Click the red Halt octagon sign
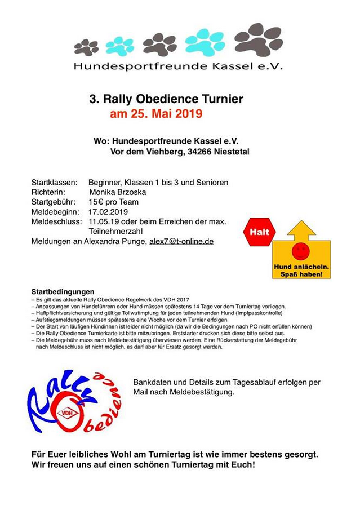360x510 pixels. point(259,232)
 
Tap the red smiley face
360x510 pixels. point(300,250)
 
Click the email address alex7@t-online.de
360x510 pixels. point(181,241)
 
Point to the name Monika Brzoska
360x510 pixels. point(117,192)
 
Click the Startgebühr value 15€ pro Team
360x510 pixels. point(113,202)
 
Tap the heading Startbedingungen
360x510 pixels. point(63,291)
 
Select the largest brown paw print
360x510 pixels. point(258,39)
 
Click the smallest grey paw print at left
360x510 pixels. point(86,47)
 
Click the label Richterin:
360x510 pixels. point(50,192)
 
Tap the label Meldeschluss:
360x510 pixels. point(56,221)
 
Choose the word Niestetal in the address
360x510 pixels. point(232,152)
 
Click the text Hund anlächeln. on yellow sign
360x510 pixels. point(301,267)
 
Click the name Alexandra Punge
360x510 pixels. point(117,241)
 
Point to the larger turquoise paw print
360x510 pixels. point(205,42)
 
